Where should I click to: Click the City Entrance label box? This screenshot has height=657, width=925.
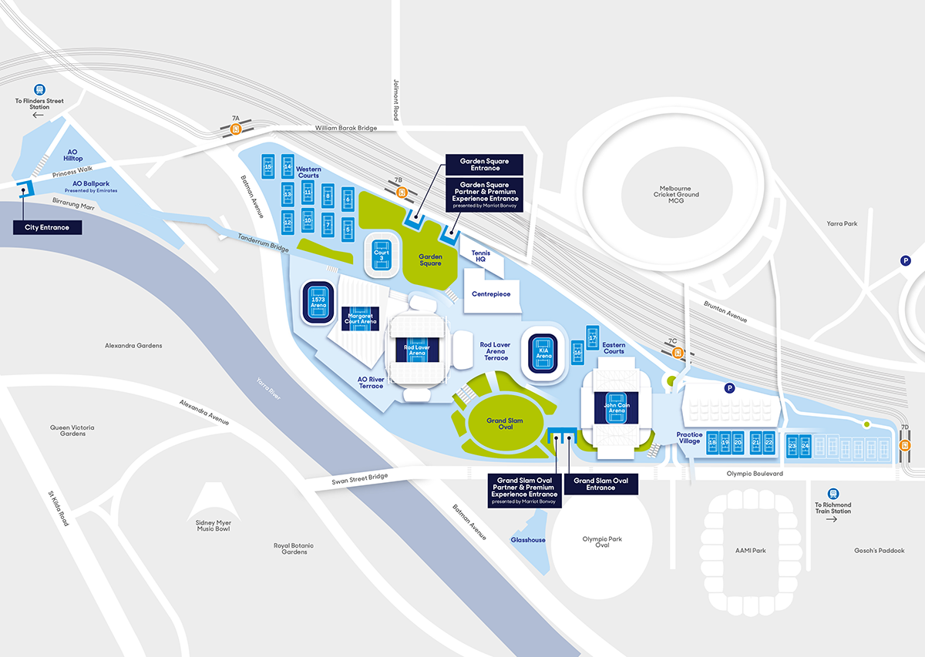[x=48, y=227]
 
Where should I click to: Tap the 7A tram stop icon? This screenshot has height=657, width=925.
[x=236, y=129]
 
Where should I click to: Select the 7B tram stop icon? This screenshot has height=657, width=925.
[x=402, y=193]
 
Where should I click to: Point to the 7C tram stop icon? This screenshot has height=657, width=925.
[x=678, y=353]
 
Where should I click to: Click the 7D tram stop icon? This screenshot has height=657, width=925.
[x=905, y=445]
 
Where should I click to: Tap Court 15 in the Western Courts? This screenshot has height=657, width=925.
[x=268, y=166]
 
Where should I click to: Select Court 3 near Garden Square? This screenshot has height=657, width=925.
[x=382, y=255]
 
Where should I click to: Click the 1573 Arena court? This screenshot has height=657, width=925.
[x=318, y=302]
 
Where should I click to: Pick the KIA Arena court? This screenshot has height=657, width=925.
[x=543, y=354]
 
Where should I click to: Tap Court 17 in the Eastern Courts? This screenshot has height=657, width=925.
[x=593, y=337]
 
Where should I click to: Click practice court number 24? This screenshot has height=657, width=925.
[x=806, y=446]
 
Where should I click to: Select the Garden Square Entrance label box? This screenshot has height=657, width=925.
[x=484, y=165]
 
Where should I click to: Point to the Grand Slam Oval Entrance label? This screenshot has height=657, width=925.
[x=600, y=484]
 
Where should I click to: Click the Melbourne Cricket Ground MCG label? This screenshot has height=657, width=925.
[x=676, y=194]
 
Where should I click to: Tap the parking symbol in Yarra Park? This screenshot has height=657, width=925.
[x=906, y=260]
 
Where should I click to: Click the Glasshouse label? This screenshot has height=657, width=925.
[x=528, y=540]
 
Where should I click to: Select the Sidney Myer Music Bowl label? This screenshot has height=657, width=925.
[x=214, y=526]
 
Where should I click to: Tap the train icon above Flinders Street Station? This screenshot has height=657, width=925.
[x=39, y=89]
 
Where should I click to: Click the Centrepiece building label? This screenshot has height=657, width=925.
[x=491, y=293]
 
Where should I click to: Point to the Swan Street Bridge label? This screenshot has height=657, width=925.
[x=360, y=479]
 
